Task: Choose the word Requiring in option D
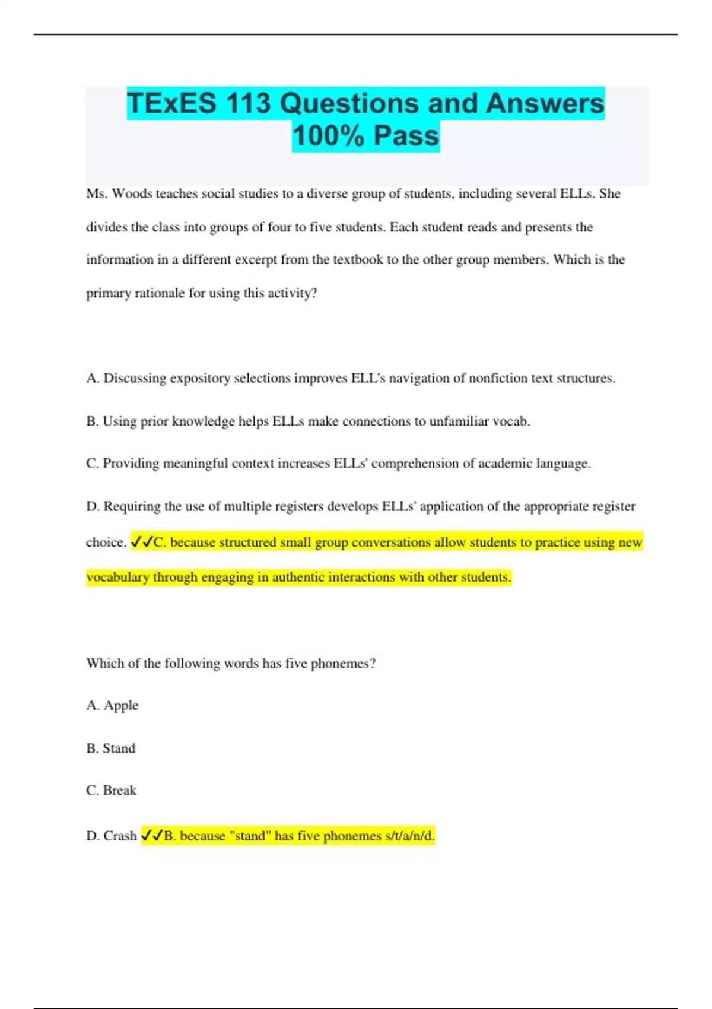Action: click(132, 506)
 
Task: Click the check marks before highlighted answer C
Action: click(141, 542)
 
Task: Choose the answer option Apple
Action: click(120, 705)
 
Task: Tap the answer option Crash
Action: click(120, 836)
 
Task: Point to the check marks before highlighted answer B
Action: click(152, 836)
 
